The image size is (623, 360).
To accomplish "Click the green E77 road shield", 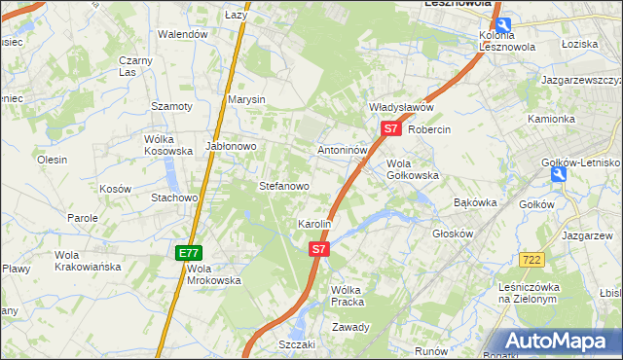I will click(x=189, y=253).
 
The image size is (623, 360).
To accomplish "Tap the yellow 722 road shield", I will click(x=531, y=259).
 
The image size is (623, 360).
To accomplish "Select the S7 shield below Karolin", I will click(x=319, y=249).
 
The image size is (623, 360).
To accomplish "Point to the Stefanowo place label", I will click(x=283, y=185).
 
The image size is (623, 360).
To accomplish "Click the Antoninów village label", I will click(x=343, y=151).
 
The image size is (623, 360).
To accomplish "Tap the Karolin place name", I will click(x=314, y=224).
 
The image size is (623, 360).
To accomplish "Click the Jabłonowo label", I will click(x=231, y=146).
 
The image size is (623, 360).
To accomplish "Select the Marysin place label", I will click(x=247, y=99).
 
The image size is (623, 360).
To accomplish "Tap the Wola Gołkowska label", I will click(x=413, y=169).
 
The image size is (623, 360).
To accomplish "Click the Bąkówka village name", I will click(x=476, y=202).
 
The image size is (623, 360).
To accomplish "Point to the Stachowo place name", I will click(x=174, y=198).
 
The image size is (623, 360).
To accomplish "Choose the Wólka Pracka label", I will click(x=347, y=296).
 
